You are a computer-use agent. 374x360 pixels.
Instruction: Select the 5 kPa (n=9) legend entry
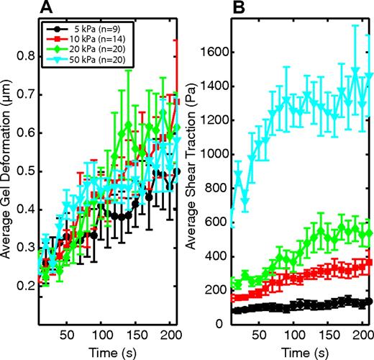click(83, 30)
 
